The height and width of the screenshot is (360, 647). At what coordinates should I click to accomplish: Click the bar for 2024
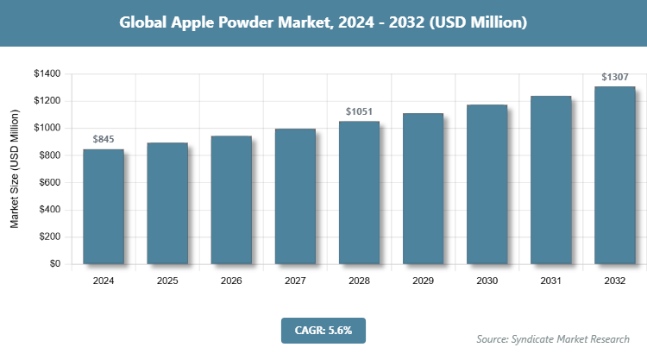point(104,206)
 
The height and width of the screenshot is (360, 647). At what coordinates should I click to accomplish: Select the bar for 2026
point(231,199)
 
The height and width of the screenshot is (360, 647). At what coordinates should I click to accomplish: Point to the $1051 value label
point(359,112)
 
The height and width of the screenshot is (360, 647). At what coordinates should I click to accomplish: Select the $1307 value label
point(614,78)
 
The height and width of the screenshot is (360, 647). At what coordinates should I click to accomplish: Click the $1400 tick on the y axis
point(47,74)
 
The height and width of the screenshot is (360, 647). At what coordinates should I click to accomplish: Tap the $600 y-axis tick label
point(49,182)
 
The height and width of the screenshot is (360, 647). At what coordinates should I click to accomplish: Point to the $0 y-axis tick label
point(53,264)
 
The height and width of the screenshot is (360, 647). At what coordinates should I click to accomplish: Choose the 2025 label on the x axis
point(167,281)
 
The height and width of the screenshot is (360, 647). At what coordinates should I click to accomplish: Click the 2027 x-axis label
point(295,281)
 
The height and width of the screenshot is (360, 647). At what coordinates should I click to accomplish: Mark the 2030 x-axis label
point(487,281)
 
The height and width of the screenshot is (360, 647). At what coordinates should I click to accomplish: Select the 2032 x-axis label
point(614,281)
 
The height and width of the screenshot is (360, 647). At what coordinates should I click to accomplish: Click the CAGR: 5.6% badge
point(323,329)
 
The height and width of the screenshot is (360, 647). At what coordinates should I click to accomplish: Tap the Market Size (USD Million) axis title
point(15,168)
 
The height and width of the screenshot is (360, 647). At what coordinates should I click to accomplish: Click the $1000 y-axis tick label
point(47,128)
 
